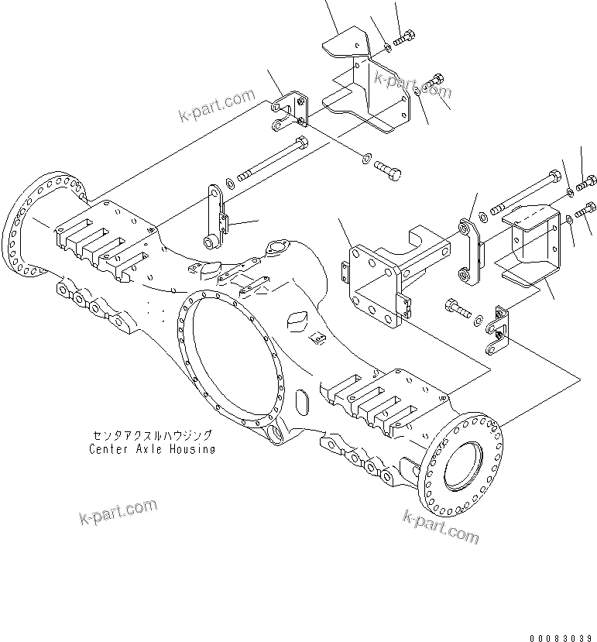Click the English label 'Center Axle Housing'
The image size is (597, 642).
tap(152, 448)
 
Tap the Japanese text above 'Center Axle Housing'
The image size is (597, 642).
tap(152, 436)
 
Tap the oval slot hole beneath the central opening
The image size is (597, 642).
tap(303, 403)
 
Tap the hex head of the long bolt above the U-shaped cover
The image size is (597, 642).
tap(554, 175)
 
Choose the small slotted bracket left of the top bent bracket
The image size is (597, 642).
tap(291, 110)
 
